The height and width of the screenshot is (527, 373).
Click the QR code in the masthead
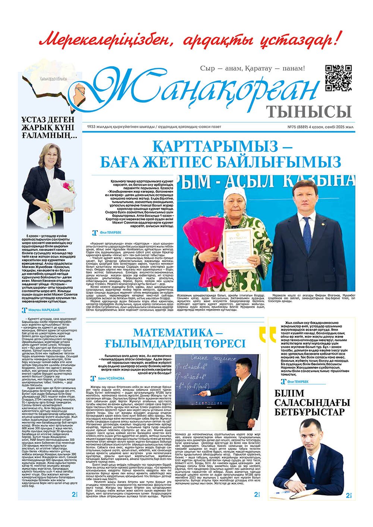tap(339, 78)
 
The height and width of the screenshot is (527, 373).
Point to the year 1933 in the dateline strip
tap(92, 127)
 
